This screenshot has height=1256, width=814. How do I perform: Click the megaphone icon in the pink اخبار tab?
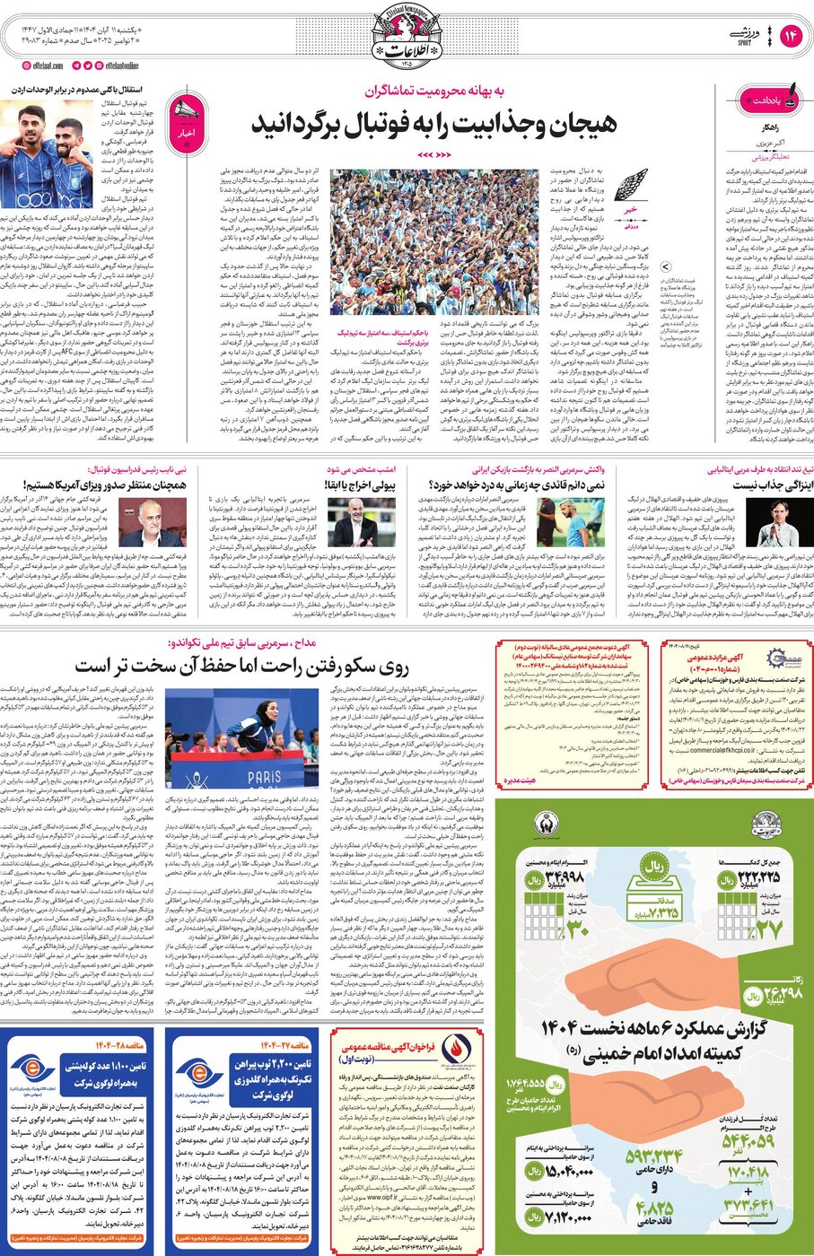coord(187,111)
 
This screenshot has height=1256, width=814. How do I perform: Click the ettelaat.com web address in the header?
coord(39,65)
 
